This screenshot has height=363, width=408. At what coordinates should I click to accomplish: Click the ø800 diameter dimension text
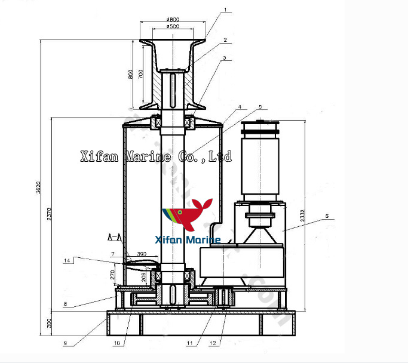pos(173,20)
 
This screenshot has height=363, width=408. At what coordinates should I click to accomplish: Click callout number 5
pos(260,107)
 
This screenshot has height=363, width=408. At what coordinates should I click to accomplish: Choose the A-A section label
pos(114,238)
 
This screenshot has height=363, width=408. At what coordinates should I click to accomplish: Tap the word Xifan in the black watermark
pos(100,157)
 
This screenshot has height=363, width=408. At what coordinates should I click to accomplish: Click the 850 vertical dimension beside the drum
pos(131,74)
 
